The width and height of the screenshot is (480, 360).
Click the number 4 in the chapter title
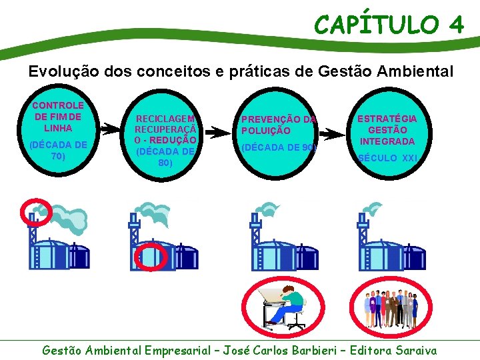[456, 25]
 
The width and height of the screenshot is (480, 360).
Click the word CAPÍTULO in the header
[376, 25]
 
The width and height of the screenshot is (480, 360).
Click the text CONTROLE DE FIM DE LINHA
[58, 116]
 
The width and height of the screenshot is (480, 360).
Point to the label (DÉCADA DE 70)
[58, 151]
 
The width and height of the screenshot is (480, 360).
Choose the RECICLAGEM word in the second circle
[165, 118]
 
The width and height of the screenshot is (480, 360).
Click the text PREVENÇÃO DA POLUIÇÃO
[279, 125]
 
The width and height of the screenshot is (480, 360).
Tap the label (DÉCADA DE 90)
[279, 147]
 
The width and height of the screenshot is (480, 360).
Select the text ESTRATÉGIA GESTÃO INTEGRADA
[387, 129]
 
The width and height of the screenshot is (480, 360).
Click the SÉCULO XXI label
[387, 158]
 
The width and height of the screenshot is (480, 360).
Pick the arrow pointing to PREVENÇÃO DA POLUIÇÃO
[217, 132]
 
